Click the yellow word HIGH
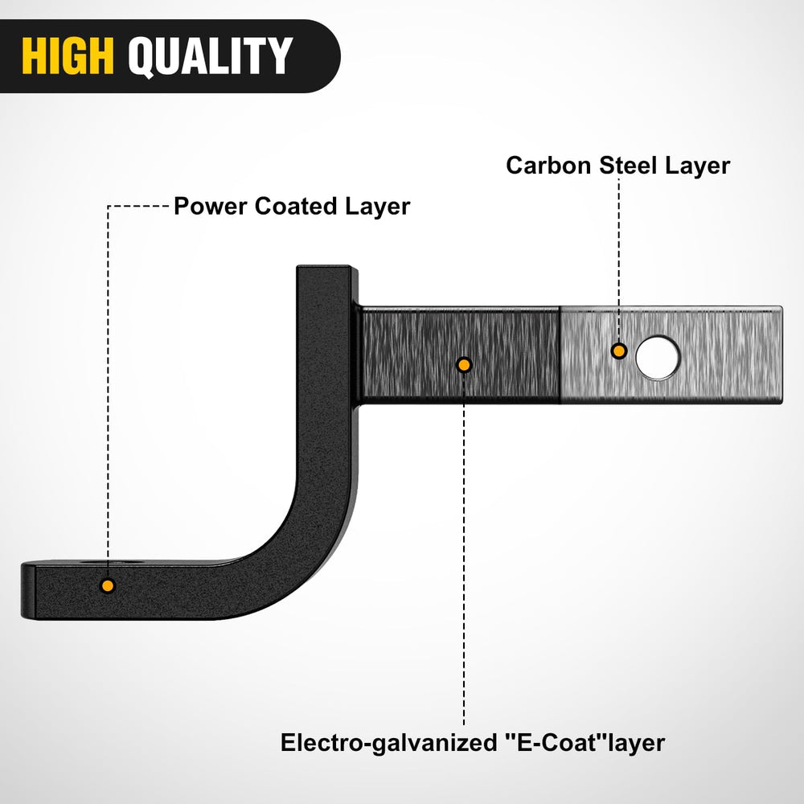tap(68, 56)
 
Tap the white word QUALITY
tap(210, 57)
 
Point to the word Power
tap(210, 206)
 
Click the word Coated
tap(296, 206)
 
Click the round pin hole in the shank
tap(658, 358)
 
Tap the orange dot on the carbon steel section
tap(619, 351)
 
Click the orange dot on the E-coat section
tap(464, 365)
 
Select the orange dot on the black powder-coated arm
tap(108, 585)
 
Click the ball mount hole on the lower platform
tap(112, 563)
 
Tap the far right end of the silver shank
tap(781, 355)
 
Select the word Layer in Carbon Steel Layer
tap(697, 166)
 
